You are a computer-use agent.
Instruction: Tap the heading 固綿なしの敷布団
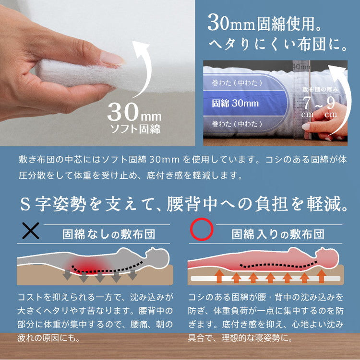tap(108, 234)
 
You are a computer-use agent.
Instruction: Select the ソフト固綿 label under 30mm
tap(133, 129)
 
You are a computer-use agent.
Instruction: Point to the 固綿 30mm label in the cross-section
tap(235, 103)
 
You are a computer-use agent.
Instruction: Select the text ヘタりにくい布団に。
tap(278, 45)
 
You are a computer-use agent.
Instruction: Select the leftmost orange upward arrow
tap(218, 276)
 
